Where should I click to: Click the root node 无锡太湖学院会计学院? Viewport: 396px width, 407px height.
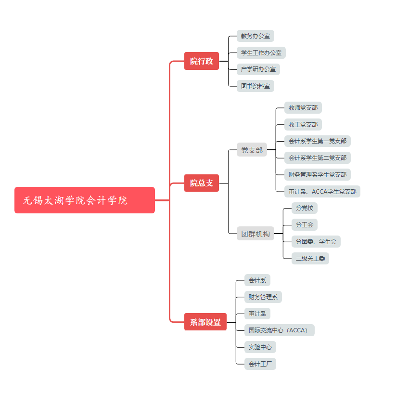84,200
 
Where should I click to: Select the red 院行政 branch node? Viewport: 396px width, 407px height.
201,61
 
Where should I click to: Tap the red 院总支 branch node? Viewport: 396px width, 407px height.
201,183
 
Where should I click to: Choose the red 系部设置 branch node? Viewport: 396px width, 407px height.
205,322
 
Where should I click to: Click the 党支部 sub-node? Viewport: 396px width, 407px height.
252,150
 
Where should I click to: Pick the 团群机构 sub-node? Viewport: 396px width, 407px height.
255,234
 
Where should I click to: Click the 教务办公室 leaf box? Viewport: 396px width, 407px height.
255,36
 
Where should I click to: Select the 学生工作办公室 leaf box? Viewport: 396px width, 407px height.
261,53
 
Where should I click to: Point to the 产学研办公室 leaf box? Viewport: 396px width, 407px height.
258,69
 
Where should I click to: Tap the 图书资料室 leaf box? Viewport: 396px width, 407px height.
255,86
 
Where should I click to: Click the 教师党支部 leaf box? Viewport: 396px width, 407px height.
303,108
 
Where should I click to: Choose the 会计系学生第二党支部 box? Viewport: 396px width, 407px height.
317,158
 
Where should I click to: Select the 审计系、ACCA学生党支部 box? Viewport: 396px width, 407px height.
322,191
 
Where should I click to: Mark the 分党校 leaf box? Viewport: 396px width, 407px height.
304,208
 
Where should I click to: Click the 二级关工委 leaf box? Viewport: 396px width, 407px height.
310,258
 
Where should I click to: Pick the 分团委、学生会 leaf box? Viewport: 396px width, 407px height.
316,241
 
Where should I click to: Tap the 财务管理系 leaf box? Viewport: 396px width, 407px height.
263,297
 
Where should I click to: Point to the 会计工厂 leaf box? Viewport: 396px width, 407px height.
260,364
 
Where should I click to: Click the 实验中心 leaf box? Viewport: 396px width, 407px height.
260,347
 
